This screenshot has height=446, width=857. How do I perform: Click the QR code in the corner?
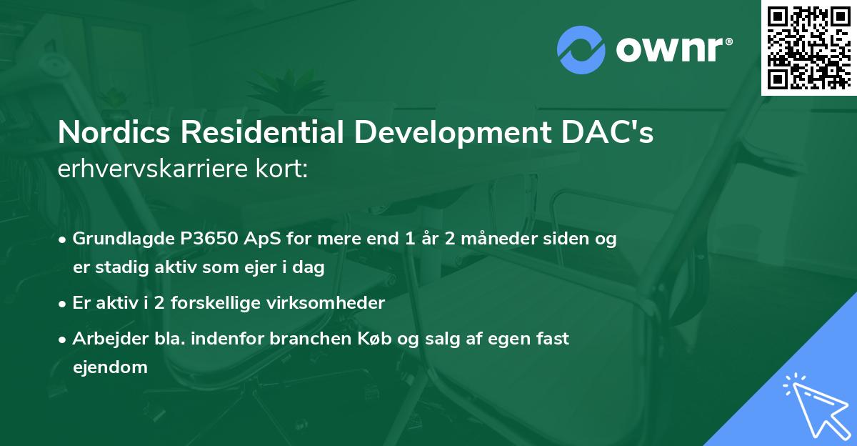809,47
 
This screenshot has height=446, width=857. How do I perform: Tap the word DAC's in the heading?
615,134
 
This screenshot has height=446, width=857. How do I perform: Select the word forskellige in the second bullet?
232,303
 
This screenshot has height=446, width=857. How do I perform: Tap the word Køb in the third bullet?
382,339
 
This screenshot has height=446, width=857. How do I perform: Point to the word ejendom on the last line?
110,367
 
